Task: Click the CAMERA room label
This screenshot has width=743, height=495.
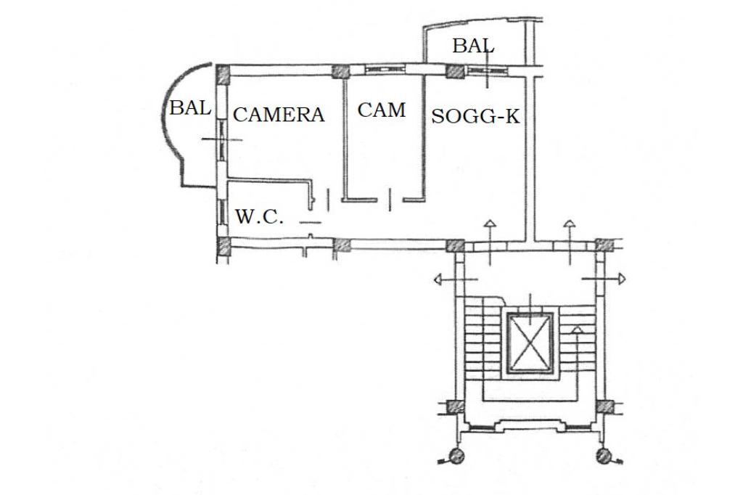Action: click(x=279, y=115)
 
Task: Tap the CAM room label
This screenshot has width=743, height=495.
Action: click(x=382, y=110)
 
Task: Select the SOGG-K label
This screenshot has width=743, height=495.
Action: click(x=476, y=116)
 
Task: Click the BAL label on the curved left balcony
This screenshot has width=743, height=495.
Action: click(x=190, y=108)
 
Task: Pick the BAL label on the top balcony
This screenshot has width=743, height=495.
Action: click(x=473, y=46)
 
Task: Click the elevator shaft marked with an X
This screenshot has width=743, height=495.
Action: click(x=530, y=342)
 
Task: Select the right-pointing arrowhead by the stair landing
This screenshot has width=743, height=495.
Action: click(x=622, y=278)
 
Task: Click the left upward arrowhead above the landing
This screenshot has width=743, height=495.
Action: click(x=490, y=224)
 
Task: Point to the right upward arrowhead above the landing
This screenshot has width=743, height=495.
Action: click(x=570, y=224)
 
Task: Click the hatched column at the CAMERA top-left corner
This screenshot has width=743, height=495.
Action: click(x=223, y=73)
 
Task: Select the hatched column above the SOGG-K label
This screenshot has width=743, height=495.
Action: click(x=455, y=71)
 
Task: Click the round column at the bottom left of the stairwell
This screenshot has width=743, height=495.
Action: click(x=456, y=457)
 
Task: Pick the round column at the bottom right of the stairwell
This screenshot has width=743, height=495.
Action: click(x=603, y=457)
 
